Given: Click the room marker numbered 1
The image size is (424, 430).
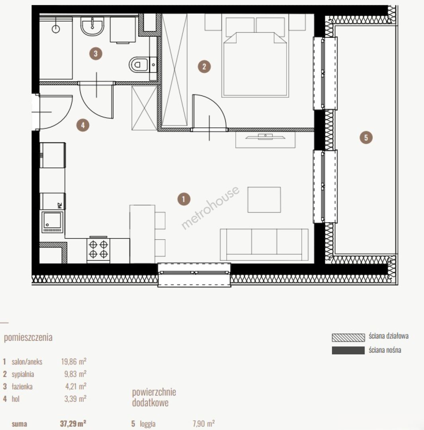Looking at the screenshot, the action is click(x=184, y=199).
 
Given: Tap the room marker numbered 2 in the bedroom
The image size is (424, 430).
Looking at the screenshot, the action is click(x=204, y=66).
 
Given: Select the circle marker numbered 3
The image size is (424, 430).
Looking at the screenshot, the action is click(x=96, y=53).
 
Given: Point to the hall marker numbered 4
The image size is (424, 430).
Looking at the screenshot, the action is click(x=83, y=125).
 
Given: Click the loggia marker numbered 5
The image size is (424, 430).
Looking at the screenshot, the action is click(x=366, y=137).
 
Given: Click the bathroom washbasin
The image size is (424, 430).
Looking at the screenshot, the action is click(x=92, y=26).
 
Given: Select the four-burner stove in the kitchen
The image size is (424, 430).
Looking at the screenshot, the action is click(x=98, y=249).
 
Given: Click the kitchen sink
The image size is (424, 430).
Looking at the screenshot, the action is click(x=53, y=222).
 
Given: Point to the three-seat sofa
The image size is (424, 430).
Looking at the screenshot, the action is click(x=264, y=244).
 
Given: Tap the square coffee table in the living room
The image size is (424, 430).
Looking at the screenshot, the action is click(x=264, y=199).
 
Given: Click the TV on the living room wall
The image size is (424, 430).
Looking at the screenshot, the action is click(x=265, y=137).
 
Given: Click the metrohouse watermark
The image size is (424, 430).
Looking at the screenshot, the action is click(x=210, y=207).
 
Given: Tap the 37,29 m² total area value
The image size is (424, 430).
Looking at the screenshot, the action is click(x=73, y=424).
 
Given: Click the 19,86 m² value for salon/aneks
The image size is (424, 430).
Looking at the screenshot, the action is click(x=74, y=362).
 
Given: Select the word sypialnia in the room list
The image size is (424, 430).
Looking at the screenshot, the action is click(x=23, y=374).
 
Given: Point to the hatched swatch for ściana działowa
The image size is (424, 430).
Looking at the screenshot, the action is click(x=348, y=338).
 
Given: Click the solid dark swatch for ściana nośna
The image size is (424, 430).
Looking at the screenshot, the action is click(x=348, y=350).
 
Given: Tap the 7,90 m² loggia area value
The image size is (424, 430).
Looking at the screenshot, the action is click(x=204, y=424).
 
